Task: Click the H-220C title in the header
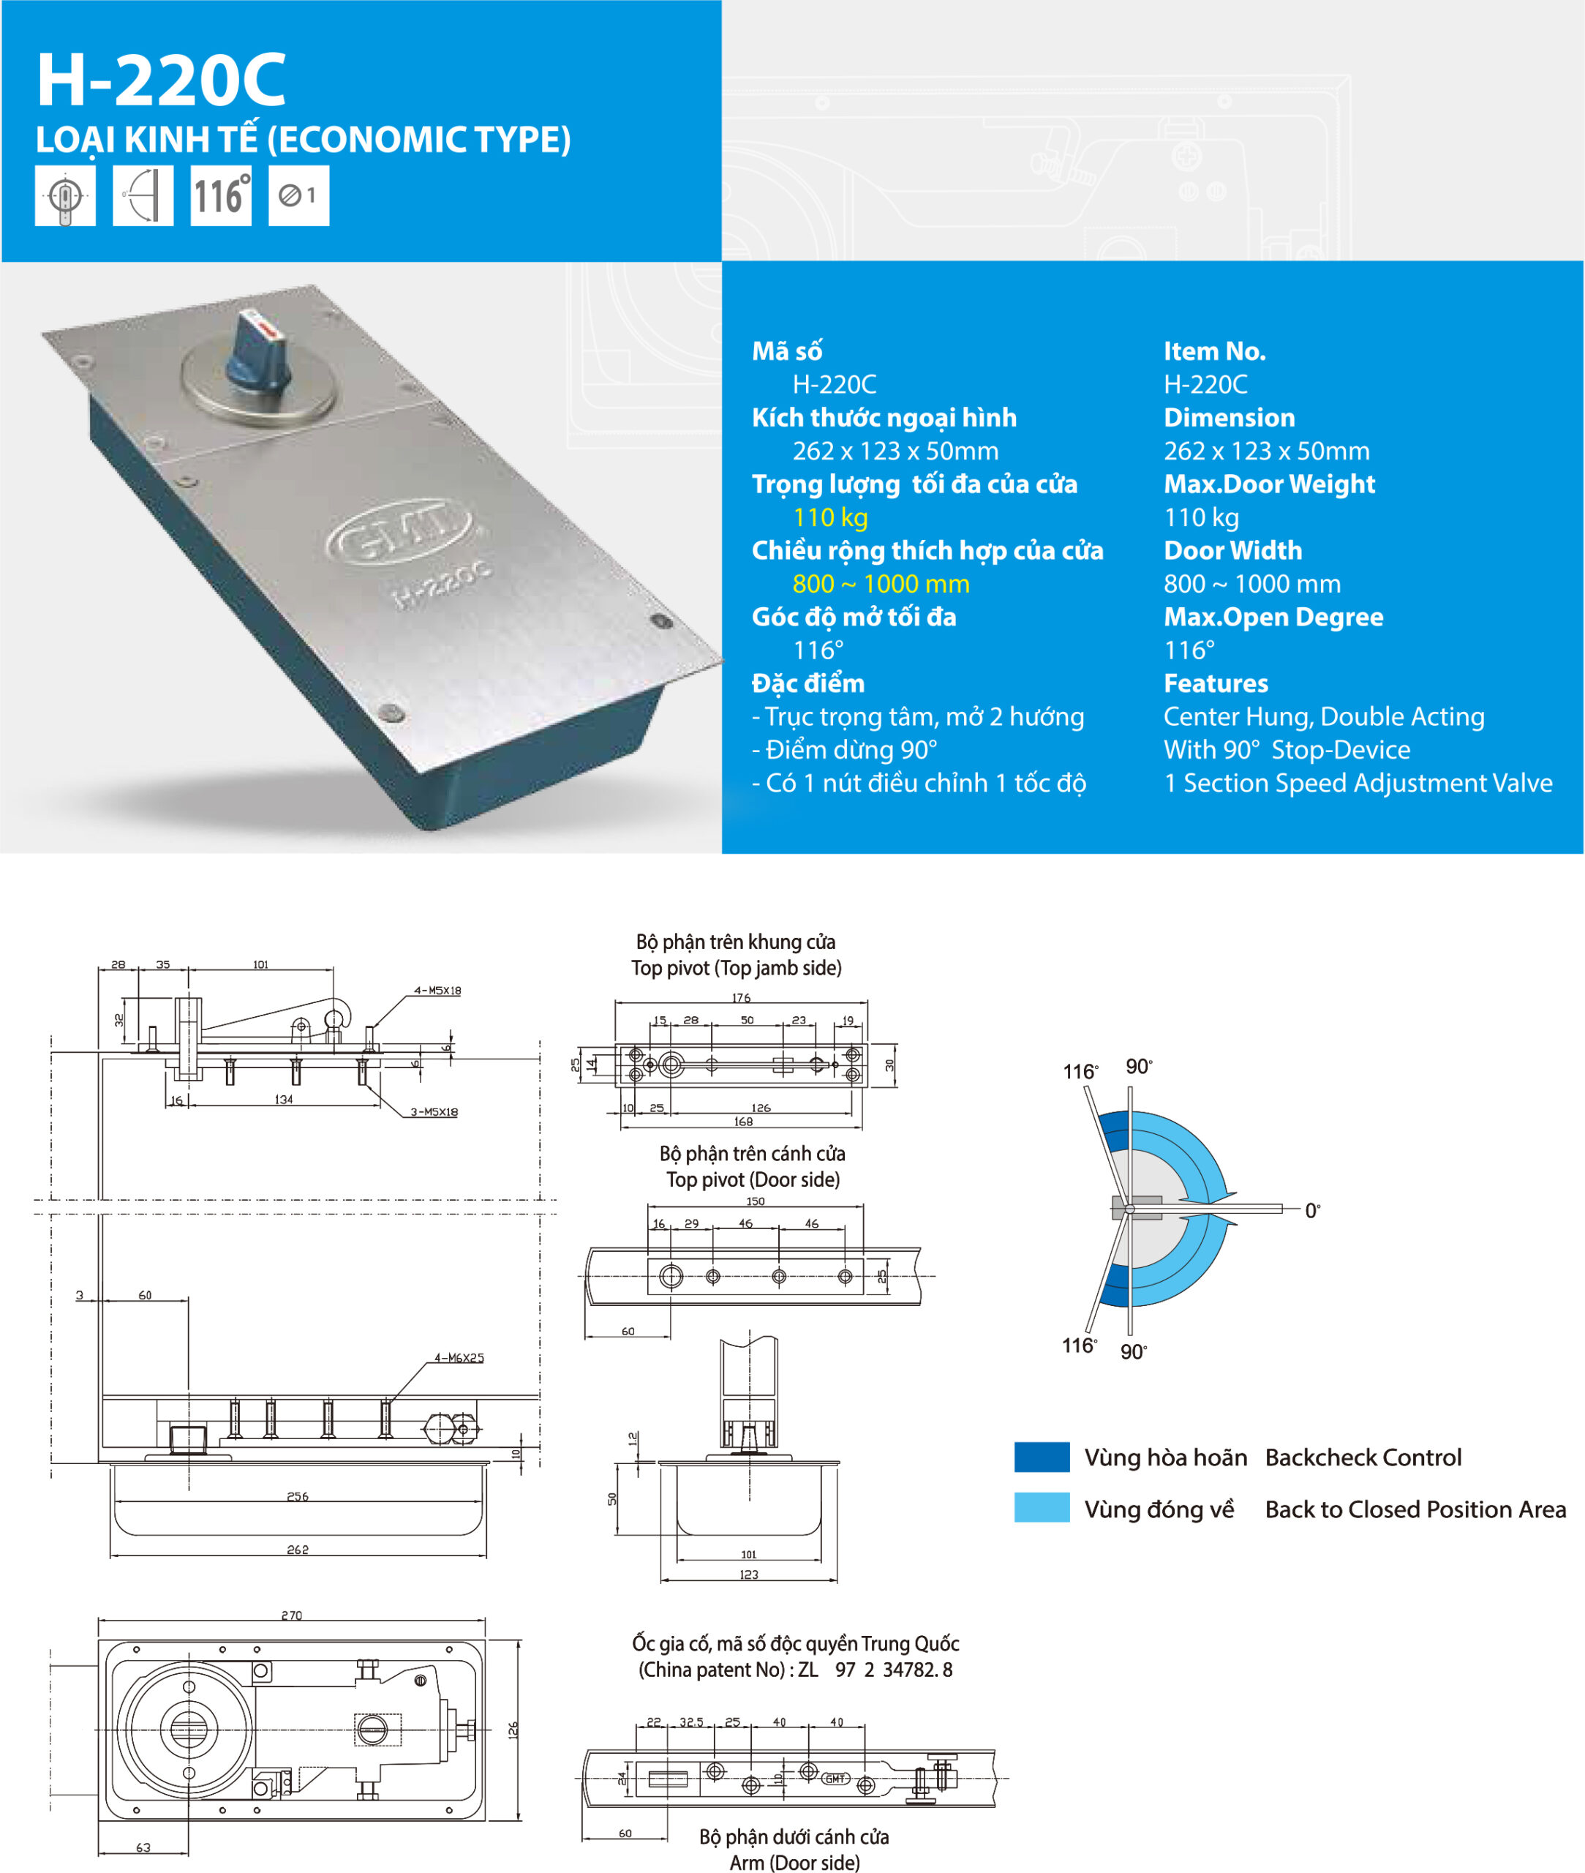(162, 81)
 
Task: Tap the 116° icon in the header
(221, 196)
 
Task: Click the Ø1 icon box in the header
(298, 196)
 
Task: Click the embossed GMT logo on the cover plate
(400, 536)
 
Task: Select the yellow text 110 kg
(830, 518)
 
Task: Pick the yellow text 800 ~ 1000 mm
(881, 584)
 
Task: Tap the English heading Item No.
(1214, 351)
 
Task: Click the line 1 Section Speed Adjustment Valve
(1358, 784)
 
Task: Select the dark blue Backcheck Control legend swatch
(1042, 1457)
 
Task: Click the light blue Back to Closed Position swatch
(1042, 1507)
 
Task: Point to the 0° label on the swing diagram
(1312, 1211)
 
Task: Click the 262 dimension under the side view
(298, 1550)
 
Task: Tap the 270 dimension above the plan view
(291, 1615)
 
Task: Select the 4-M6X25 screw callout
(459, 1357)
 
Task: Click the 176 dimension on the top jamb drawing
(740, 998)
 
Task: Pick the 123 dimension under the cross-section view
(748, 1574)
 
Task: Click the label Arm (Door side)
(794, 1862)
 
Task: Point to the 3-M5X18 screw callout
(434, 1112)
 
